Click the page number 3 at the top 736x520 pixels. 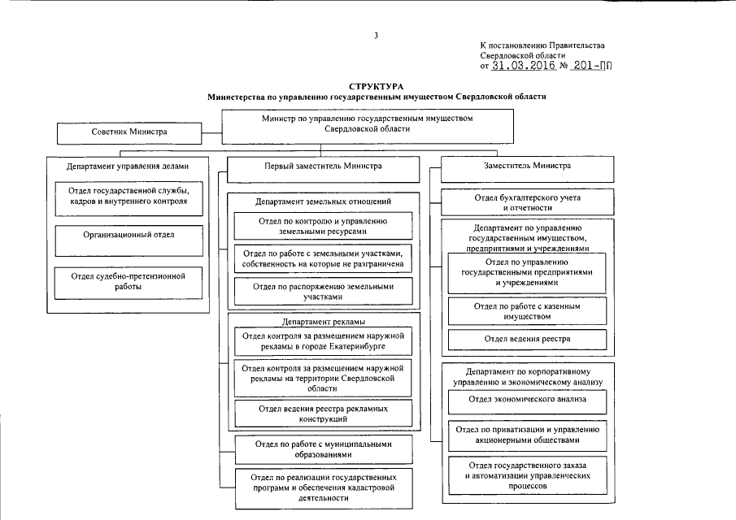(x=376, y=35)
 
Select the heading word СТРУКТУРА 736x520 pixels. (x=376, y=85)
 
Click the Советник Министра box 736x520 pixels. (x=128, y=132)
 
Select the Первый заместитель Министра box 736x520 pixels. (x=323, y=167)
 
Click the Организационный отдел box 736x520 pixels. (x=128, y=236)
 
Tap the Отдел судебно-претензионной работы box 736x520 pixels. (x=128, y=281)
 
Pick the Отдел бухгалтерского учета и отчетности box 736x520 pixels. (x=527, y=201)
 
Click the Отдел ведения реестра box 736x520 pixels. (x=527, y=338)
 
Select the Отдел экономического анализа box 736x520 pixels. (x=527, y=400)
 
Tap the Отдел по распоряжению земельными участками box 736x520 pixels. (x=323, y=292)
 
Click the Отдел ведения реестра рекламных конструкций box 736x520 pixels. (x=323, y=414)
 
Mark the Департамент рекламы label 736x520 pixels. (x=323, y=322)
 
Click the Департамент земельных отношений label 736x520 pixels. (x=323, y=201)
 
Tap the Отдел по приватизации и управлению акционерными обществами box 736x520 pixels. (x=527, y=435)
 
